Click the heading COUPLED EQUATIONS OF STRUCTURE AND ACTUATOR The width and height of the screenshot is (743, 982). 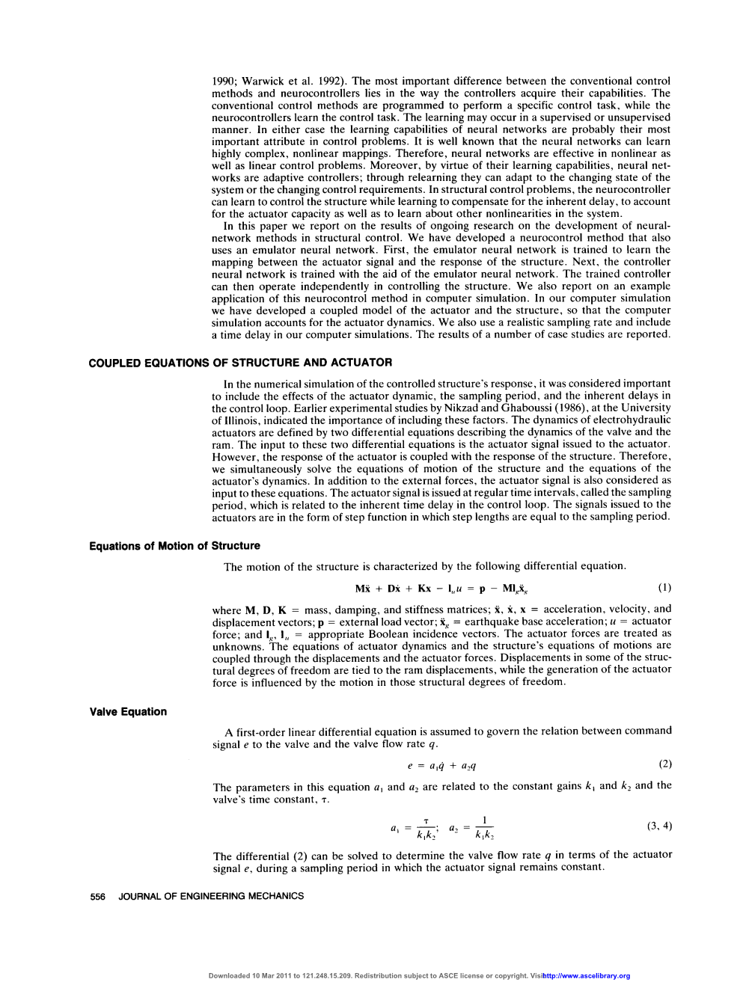point(240,363)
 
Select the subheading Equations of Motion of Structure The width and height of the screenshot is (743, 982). point(174,546)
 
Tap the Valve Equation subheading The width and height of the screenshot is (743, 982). point(128,711)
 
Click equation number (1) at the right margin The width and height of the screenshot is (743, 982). point(664,587)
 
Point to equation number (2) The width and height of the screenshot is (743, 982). point(664,764)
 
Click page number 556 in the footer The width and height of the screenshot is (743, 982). point(97,896)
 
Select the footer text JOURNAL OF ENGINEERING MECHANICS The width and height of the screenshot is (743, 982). point(211,896)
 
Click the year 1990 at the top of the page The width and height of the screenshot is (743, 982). point(224,81)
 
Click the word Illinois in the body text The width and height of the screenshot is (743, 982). point(240,420)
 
